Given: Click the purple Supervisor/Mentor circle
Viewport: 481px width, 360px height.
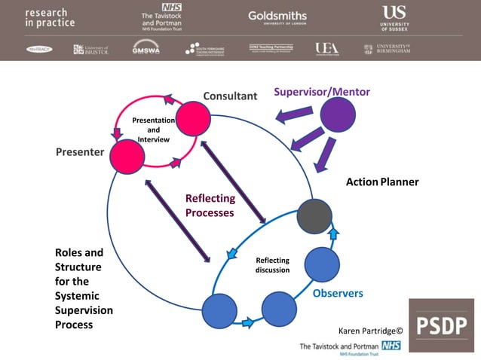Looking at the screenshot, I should tap(339, 117).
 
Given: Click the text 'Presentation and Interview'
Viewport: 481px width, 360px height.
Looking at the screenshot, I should tap(153, 130).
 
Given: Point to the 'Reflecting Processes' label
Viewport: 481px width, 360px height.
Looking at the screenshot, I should tap(210, 206).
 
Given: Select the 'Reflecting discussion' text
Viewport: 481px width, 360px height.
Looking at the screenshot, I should tap(272, 265).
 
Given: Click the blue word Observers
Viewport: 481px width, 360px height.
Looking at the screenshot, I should tap(338, 294).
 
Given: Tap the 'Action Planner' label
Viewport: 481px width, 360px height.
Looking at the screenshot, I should tap(381, 182).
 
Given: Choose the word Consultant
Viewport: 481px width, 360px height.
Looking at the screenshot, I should tap(230, 96).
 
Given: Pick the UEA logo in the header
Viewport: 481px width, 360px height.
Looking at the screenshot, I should tap(326, 49).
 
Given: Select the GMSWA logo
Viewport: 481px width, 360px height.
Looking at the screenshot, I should tap(146, 48).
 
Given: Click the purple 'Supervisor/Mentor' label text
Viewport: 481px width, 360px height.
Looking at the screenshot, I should tap(322, 93).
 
